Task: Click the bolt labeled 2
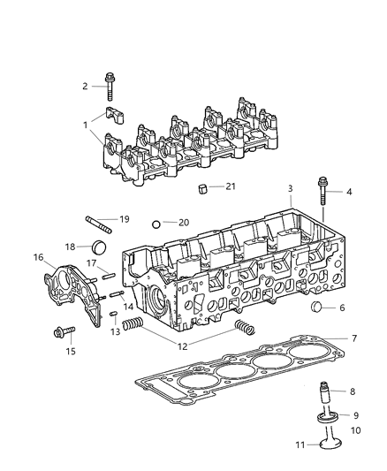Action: point(110,85)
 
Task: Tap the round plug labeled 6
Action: point(319,308)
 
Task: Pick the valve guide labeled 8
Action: point(325,391)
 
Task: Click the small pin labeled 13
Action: point(114,316)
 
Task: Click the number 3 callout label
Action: point(290,188)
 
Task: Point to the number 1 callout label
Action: point(86,125)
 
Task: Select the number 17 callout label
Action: point(91,262)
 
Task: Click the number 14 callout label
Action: point(129,305)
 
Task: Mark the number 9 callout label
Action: point(354,415)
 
